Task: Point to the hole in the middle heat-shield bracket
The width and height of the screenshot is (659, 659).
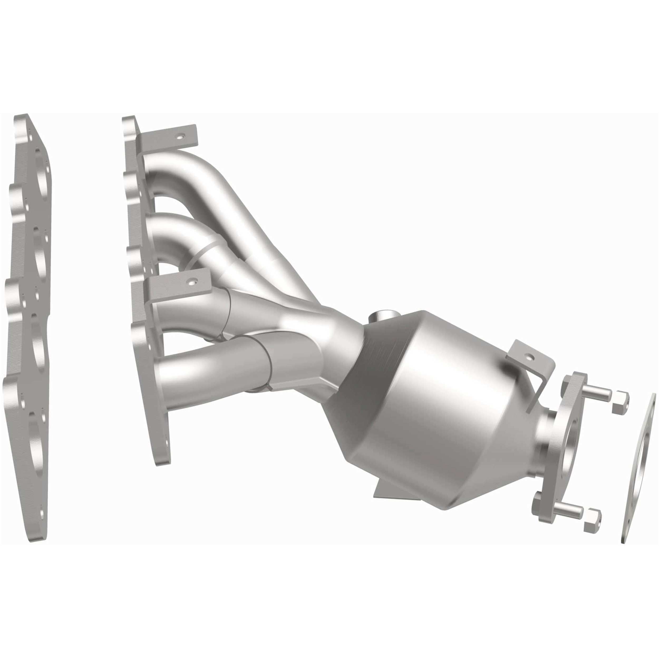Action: click(193, 282)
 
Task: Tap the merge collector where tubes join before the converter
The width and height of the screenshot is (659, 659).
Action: click(321, 327)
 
